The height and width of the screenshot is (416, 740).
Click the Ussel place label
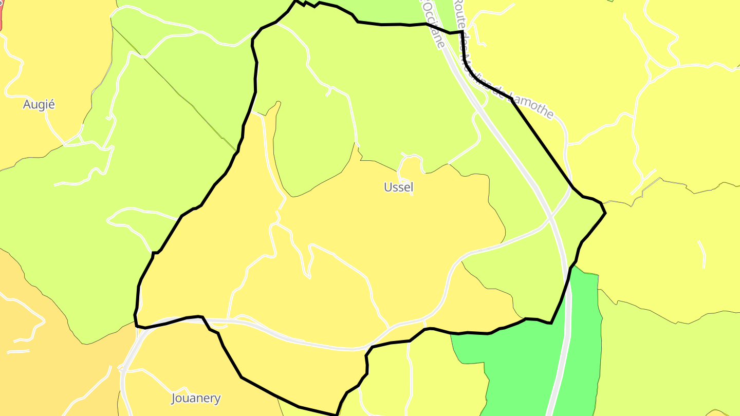(x=398, y=187)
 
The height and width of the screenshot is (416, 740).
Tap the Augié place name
(x=39, y=105)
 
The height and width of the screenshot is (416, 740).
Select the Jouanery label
(x=195, y=398)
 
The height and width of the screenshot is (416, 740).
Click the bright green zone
(x=514, y=370)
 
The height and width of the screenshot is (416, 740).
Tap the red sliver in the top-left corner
(x=1, y=15)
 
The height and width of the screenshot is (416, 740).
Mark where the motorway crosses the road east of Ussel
(x=550, y=218)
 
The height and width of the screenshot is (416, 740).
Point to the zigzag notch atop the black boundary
(x=307, y=4)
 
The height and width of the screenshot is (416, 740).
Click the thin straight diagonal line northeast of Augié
(x=175, y=87)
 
